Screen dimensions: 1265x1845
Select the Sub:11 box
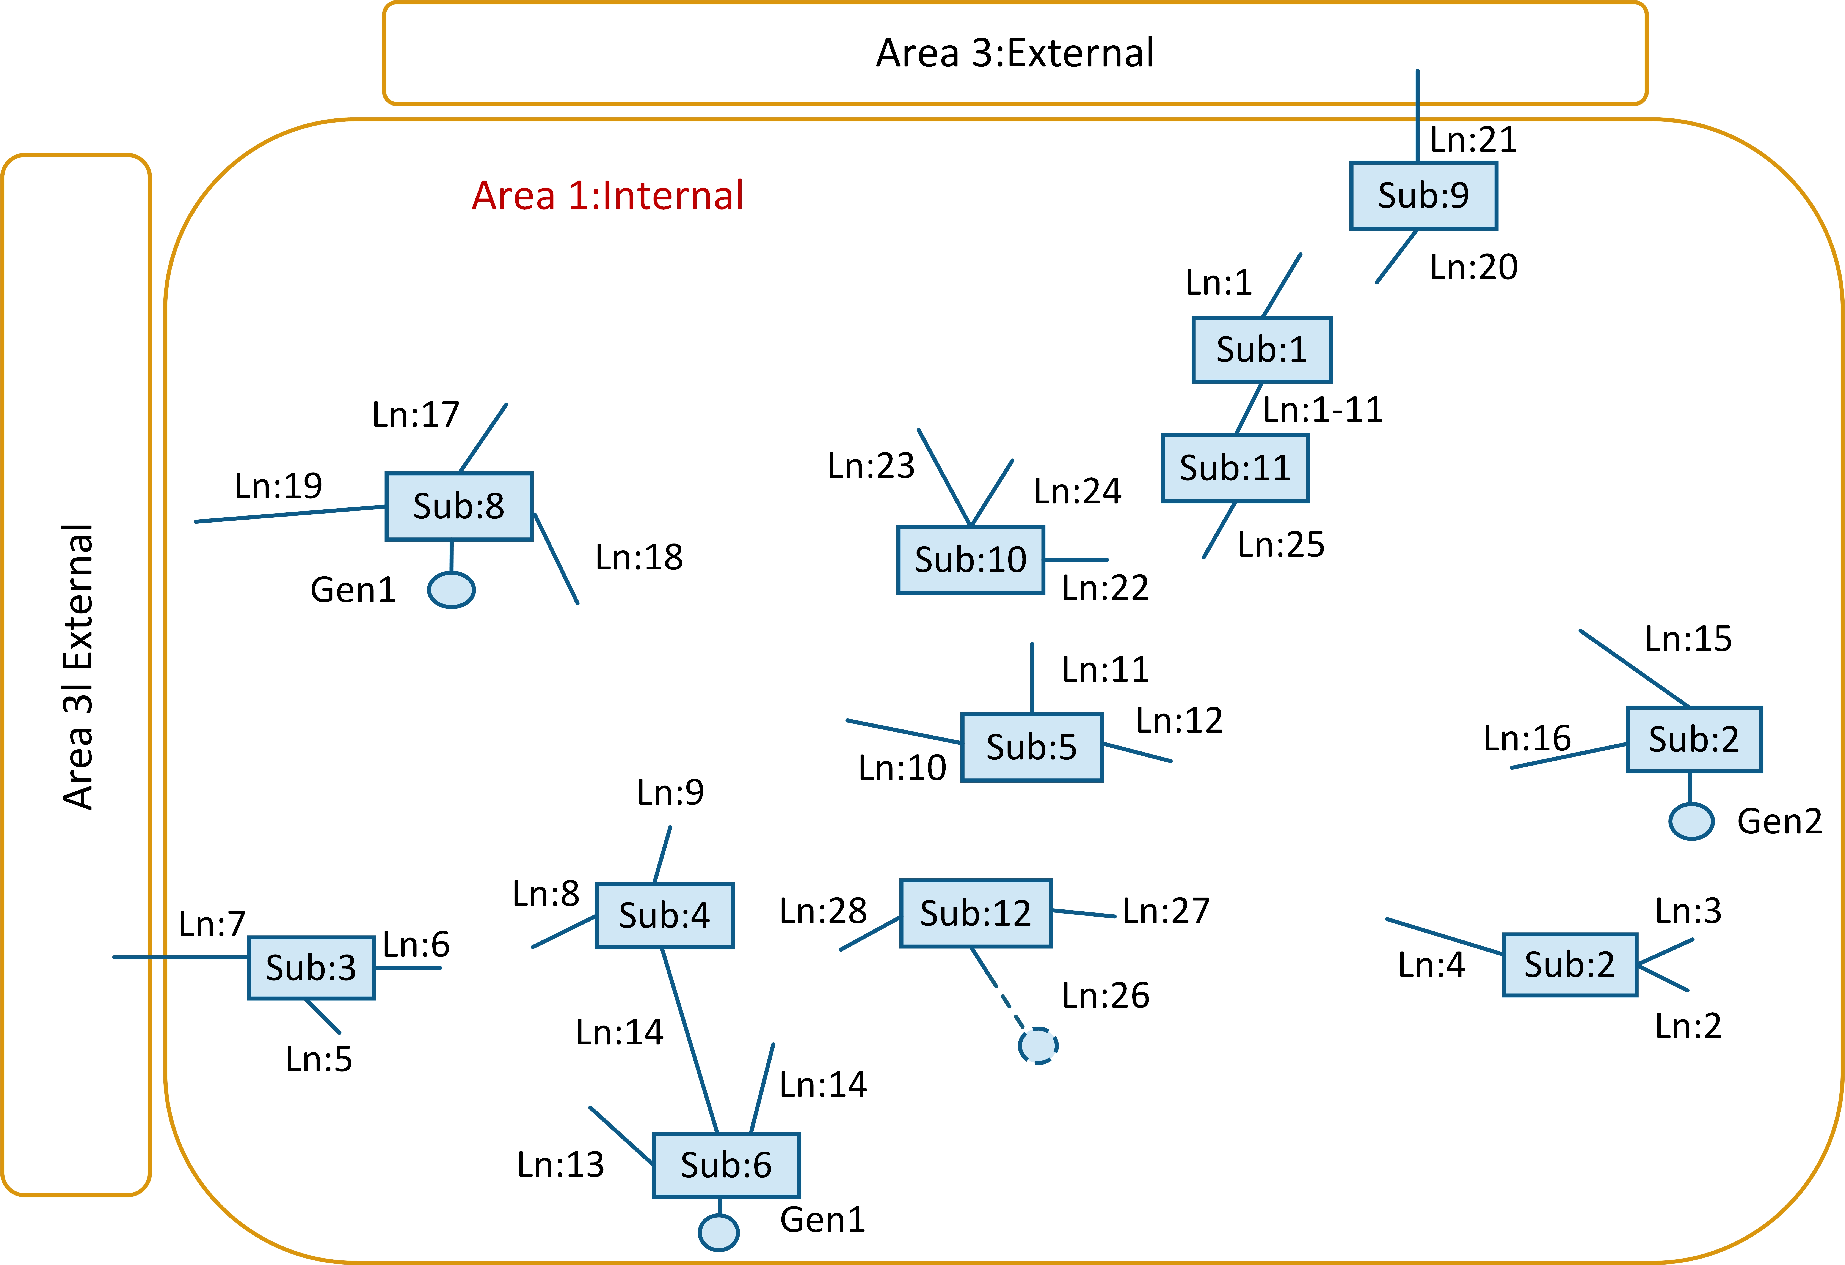1235,468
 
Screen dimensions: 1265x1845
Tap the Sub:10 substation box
970,560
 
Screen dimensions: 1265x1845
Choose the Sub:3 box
311,967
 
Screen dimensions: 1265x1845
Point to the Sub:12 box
976,913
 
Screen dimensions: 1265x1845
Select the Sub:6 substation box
726,1165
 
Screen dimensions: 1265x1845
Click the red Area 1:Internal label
607,195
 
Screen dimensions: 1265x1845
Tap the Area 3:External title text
1015,53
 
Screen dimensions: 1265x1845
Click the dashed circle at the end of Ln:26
1038,1046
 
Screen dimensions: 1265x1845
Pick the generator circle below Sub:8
451,590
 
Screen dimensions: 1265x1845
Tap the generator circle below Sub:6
719,1232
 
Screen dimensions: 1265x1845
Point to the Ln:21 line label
1473,140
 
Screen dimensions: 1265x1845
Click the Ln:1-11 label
1323,410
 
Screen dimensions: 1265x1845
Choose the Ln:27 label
1166,911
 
